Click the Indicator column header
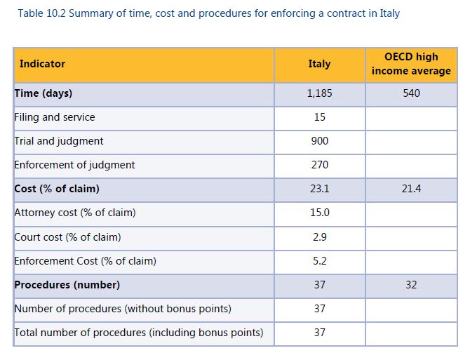point(42,64)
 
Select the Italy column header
point(319,64)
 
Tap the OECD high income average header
point(411,64)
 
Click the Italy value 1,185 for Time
point(319,93)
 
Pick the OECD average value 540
point(411,93)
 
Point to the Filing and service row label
point(55,117)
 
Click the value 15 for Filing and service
point(319,117)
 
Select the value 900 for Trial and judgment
point(319,141)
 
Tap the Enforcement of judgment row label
point(74,165)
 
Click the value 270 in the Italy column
point(319,165)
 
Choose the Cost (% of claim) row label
point(57,189)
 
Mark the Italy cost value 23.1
point(319,189)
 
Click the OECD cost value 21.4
point(411,189)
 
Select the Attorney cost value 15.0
point(319,213)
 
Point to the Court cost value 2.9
point(319,237)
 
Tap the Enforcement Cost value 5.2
point(319,261)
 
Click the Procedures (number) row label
point(67,285)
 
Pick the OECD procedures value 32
point(411,285)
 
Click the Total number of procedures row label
point(139,333)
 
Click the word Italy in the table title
point(389,13)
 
